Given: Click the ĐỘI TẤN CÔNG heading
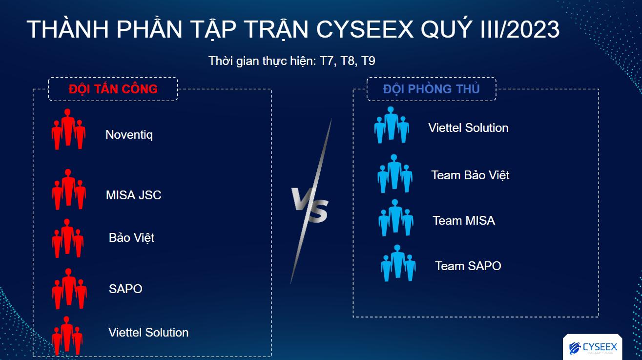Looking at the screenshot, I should click(x=113, y=89).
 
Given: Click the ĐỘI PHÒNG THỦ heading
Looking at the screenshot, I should click(x=431, y=89).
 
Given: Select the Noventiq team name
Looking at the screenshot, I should click(x=129, y=134).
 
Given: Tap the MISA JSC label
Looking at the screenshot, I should click(x=133, y=195).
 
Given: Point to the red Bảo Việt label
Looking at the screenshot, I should click(x=131, y=238).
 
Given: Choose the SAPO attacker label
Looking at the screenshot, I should click(x=125, y=289).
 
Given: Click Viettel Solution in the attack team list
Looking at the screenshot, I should click(x=148, y=333).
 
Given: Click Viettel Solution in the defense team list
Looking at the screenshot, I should click(x=468, y=128).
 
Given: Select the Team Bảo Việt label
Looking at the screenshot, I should click(x=470, y=175).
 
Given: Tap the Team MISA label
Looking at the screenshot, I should click(x=464, y=221).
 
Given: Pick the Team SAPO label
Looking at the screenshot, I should click(x=468, y=266).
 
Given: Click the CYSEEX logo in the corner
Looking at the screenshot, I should click(x=593, y=347).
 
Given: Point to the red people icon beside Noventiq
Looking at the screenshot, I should click(x=68, y=129).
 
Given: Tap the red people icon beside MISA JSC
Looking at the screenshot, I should click(x=69, y=190).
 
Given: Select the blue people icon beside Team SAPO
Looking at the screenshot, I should click(x=398, y=263).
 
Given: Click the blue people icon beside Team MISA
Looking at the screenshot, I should click(x=395, y=218).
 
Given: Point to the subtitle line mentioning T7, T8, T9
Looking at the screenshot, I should click(x=291, y=61).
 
